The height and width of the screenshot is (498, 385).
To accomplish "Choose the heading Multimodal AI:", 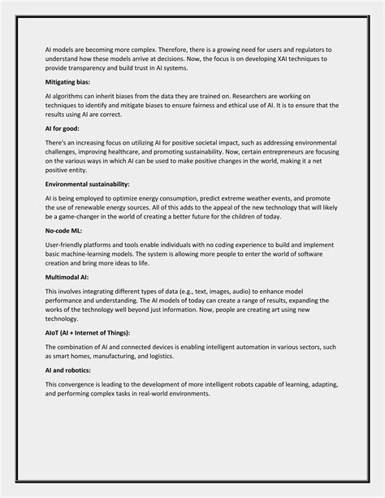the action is point(68,277).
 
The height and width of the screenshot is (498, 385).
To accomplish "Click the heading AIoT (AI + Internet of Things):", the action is point(89,333).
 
